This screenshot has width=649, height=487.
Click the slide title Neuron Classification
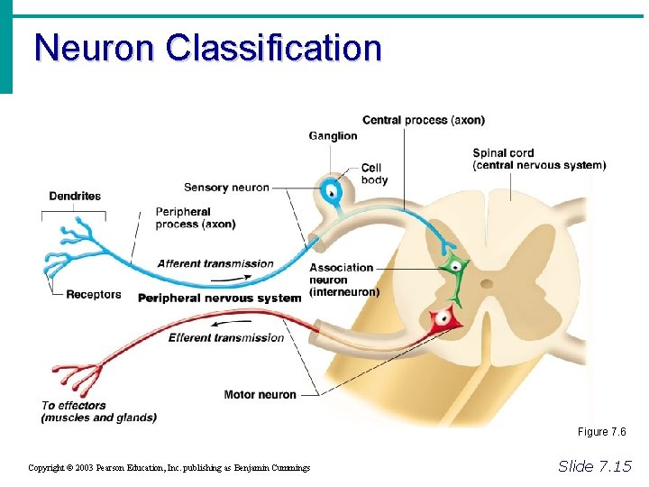tap(207, 48)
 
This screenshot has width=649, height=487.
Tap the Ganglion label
tap(333, 136)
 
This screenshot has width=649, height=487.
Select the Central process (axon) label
tap(423, 120)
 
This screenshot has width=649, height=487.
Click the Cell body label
tap(374, 174)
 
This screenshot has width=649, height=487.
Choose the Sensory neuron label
tap(226, 188)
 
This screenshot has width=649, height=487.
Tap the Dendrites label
tap(75, 196)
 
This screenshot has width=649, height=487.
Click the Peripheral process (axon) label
tap(195, 218)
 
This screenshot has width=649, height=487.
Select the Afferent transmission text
tap(215, 263)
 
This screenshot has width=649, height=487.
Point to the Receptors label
tap(93, 294)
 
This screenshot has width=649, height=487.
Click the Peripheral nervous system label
tap(219, 298)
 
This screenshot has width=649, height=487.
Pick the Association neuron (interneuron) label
tap(343, 280)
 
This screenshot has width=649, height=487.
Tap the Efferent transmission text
tap(226, 338)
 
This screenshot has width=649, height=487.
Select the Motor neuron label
tap(260, 394)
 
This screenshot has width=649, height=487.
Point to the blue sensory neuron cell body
tap(332, 191)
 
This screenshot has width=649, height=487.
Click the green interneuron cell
tap(454, 267)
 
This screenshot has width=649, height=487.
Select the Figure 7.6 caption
tap(601, 432)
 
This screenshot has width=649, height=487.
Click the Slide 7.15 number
tap(595, 465)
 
